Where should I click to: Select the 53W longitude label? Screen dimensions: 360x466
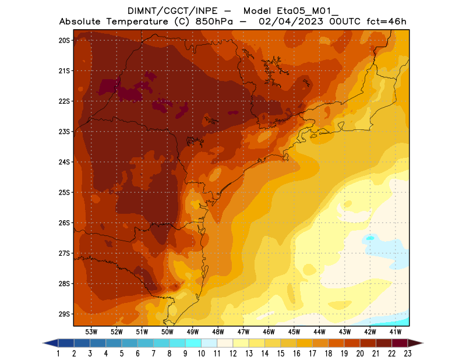tap(91, 331)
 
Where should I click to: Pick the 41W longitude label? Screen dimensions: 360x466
tap(396, 331)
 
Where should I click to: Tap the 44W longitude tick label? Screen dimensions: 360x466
tap(319, 331)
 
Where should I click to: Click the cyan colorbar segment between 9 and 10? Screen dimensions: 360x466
tap(193, 343)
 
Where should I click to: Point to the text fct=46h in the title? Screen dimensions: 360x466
tap(385, 22)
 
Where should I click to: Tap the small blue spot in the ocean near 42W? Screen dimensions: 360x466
tap(370, 238)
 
